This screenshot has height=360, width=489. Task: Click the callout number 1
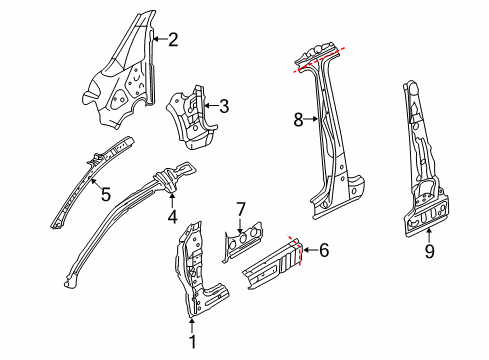193,342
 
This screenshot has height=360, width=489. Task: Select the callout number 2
173,40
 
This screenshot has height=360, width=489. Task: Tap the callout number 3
224,106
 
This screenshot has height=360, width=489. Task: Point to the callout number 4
172,217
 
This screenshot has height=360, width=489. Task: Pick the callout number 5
106,194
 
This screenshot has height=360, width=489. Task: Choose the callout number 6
324,250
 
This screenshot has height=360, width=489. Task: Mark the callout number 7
241,209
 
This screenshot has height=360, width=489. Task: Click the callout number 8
298,119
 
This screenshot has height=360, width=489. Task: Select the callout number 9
429,251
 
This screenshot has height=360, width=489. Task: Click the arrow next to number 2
160,39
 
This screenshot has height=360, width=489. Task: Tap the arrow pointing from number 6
309,250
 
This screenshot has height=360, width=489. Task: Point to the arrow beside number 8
311,119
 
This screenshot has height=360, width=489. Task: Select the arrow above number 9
429,234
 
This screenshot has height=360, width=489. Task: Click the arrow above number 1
192,326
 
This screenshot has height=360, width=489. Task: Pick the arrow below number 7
240,225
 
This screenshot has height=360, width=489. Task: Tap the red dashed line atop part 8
318,60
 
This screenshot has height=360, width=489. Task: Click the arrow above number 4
172,201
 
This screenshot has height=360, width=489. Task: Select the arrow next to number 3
211,106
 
